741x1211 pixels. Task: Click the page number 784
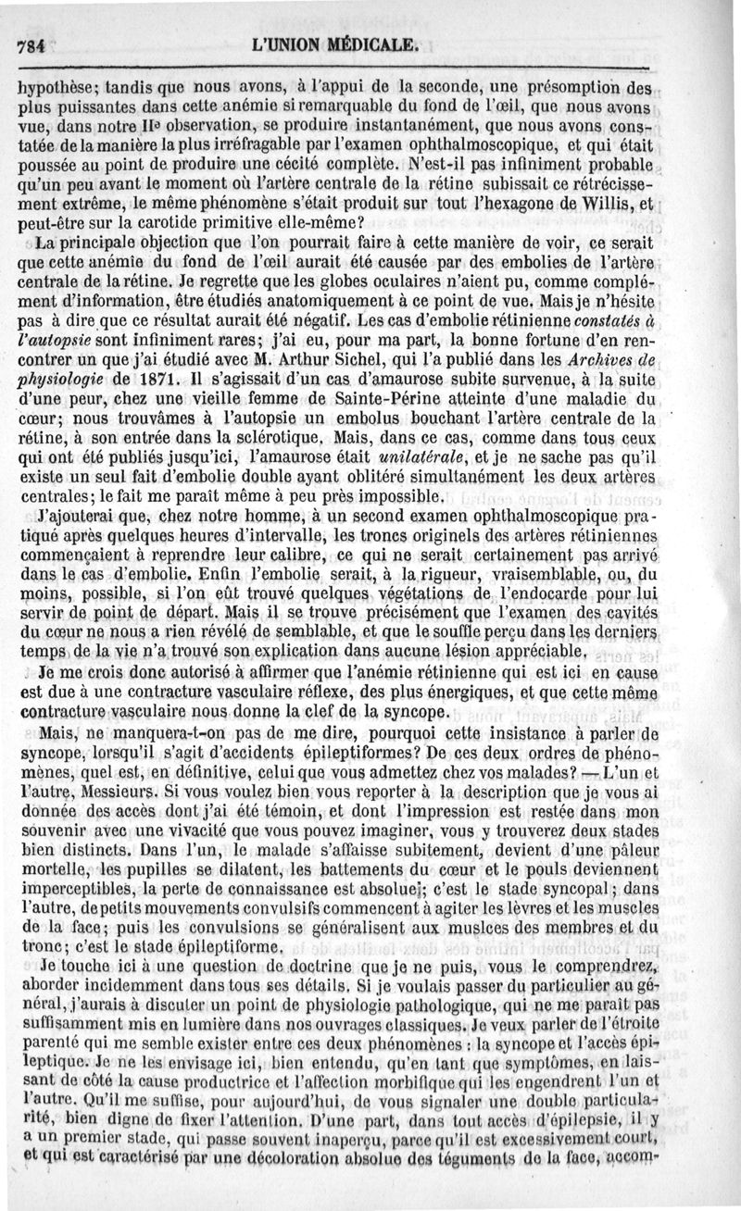[31, 46]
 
